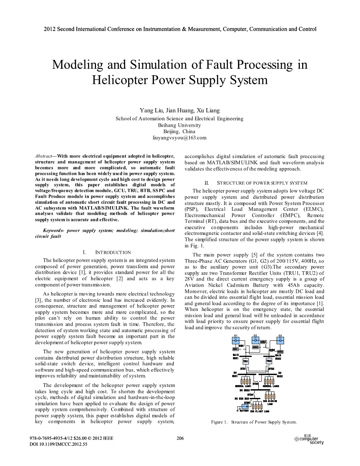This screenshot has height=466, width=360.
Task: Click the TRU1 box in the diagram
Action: (x=245, y=362)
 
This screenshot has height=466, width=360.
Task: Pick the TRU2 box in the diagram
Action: (x=269, y=362)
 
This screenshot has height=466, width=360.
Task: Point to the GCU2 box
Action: (x=280, y=352)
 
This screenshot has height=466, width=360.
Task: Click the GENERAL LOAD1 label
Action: (x=243, y=386)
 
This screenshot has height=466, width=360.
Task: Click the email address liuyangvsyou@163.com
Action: (x=180, y=138)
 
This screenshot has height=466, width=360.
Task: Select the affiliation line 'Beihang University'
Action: (x=180, y=125)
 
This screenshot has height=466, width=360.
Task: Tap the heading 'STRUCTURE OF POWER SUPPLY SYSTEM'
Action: (x=262, y=183)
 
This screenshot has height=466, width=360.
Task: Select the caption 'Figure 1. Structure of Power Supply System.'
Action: (x=254, y=422)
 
